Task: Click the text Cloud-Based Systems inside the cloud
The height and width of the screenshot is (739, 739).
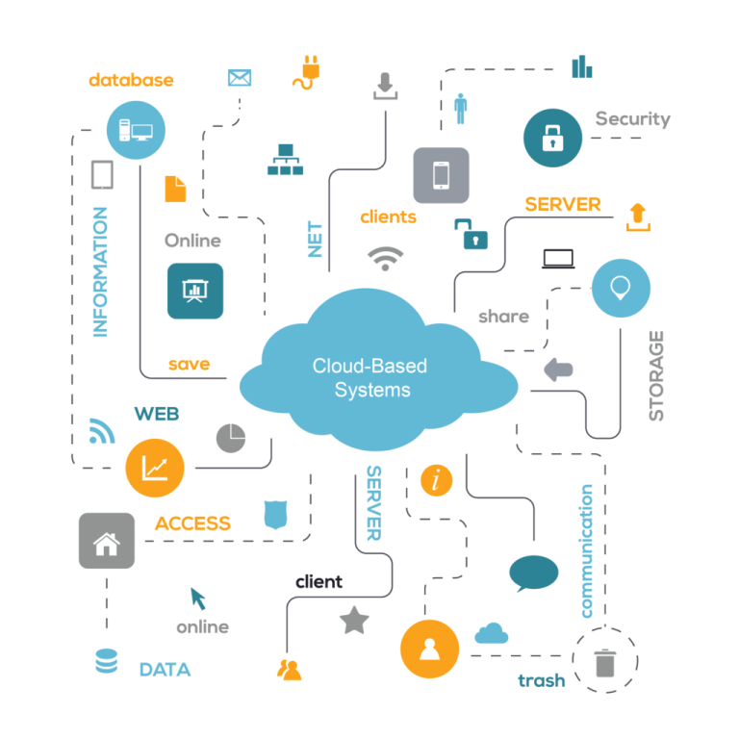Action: (x=369, y=377)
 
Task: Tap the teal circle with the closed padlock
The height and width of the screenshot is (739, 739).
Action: (x=552, y=138)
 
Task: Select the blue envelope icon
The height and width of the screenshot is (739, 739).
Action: (x=239, y=78)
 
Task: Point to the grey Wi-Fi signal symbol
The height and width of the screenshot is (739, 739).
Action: (x=385, y=258)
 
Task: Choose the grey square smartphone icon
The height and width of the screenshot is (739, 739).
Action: (x=441, y=175)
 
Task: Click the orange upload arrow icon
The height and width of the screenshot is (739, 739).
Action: (x=637, y=216)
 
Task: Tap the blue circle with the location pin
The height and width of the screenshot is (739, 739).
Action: (x=620, y=288)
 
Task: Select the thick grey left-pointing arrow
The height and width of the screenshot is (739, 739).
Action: (x=558, y=369)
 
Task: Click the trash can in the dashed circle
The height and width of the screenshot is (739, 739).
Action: (x=604, y=661)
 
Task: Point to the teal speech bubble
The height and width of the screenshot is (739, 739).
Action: (x=533, y=573)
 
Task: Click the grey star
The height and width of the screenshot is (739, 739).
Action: (x=354, y=621)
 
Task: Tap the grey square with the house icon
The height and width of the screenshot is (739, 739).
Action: (x=106, y=541)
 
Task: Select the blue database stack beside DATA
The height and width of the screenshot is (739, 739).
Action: (x=106, y=662)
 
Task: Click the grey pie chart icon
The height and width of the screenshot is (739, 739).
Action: (x=231, y=438)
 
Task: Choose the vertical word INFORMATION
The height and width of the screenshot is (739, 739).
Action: (x=100, y=271)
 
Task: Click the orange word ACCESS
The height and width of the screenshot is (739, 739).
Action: (x=192, y=523)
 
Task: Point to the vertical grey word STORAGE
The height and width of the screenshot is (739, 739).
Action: (x=656, y=375)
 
